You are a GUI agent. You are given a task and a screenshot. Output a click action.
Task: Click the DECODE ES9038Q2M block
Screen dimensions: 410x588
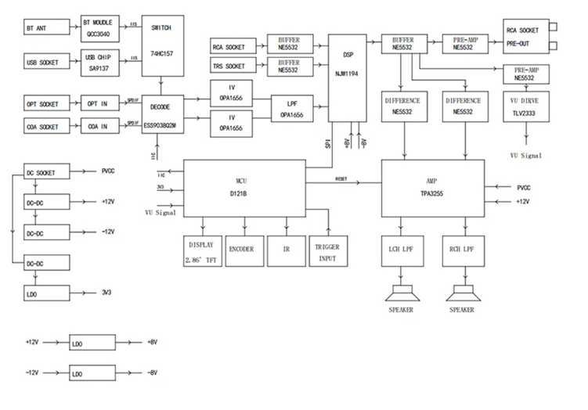click(162, 114)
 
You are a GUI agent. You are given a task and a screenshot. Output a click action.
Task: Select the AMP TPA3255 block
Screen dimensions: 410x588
click(433, 189)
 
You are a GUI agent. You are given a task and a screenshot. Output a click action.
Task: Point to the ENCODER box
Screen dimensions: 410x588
click(242, 250)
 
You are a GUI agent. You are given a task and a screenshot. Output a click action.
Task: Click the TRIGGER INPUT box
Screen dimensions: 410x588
click(327, 253)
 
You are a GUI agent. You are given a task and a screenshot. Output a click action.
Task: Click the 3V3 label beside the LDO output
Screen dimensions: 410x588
click(107, 293)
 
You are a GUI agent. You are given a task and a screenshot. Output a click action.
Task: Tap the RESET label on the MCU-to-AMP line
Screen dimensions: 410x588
click(341, 179)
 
